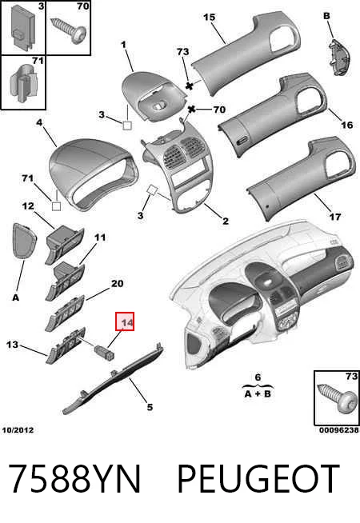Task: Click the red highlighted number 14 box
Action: pyautogui.click(x=125, y=321)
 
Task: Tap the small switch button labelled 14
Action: pyautogui.click(x=105, y=352)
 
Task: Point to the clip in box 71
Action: pyautogui.click(x=22, y=84)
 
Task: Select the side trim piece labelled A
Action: pyautogui.click(x=22, y=241)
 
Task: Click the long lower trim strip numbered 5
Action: pyautogui.click(x=114, y=377)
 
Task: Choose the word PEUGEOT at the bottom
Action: pyautogui.click(x=258, y=479)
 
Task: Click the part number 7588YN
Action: pyautogui.click(x=74, y=479)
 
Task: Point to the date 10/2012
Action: pyautogui.click(x=18, y=430)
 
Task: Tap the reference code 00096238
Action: pyautogui.click(x=339, y=430)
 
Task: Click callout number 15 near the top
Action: pyautogui.click(x=209, y=17)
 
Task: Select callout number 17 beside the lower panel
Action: pyautogui.click(x=335, y=217)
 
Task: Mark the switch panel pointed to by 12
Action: pyautogui.click(x=65, y=244)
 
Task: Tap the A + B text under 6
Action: pyautogui.click(x=258, y=394)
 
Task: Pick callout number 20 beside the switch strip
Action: pyautogui.click(x=117, y=284)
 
